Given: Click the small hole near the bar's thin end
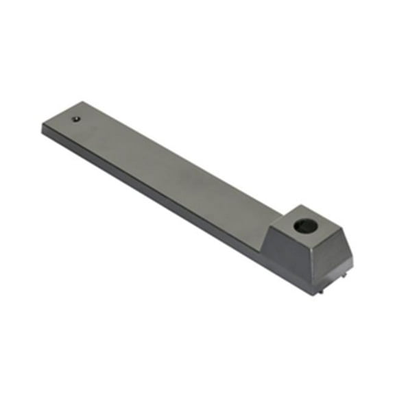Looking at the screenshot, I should tap(77, 119).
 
